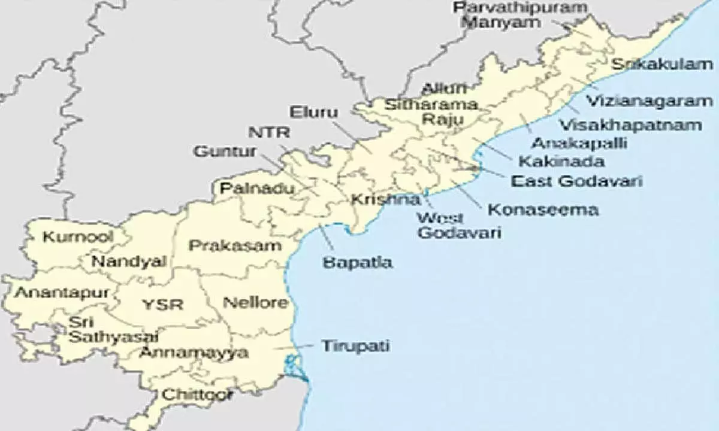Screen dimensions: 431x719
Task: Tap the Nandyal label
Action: click(x=128, y=262)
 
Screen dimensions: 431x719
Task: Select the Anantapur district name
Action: click(x=62, y=293)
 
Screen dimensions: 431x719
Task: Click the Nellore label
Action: click(x=255, y=302)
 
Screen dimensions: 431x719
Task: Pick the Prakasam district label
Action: click(x=235, y=245)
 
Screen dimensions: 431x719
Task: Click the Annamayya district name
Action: click(x=194, y=353)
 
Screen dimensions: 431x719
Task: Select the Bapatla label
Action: click(x=357, y=262)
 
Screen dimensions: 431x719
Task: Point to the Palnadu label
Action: click(x=257, y=189)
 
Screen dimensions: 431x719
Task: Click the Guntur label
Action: click(x=225, y=152)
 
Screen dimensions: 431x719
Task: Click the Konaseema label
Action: click(x=543, y=210)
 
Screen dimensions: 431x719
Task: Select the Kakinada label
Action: click(x=561, y=161)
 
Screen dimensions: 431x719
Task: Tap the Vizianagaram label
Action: click(x=649, y=101)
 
